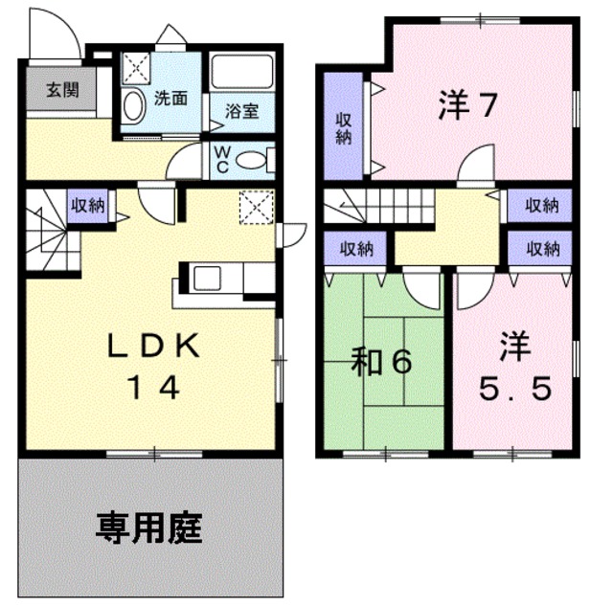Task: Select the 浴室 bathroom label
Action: pyautogui.click(x=241, y=111)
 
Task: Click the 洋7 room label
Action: pyautogui.click(x=468, y=104)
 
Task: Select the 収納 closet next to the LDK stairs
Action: pyautogui.click(x=91, y=204)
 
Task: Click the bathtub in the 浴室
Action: pyautogui.click(x=240, y=74)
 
